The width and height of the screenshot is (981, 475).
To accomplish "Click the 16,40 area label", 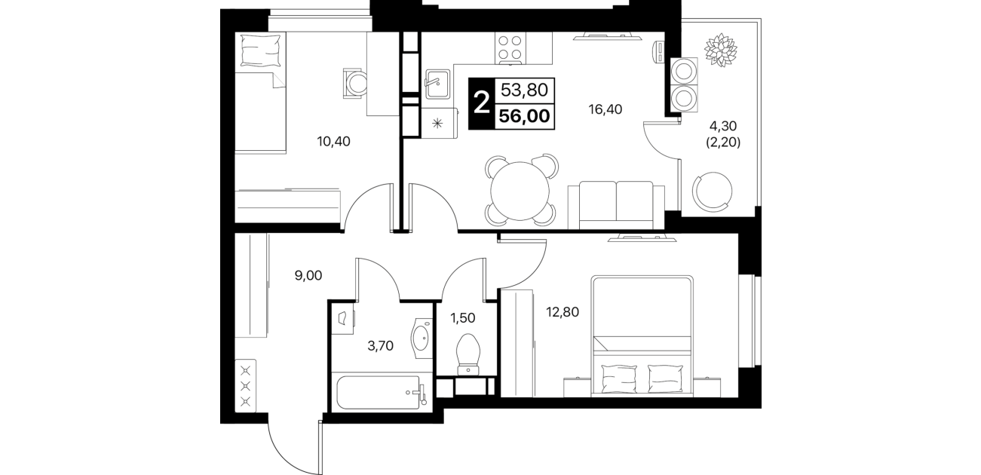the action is (x=605, y=109).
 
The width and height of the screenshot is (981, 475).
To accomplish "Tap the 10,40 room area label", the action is (x=334, y=142).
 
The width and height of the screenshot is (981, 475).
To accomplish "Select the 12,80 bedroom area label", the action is (x=563, y=312).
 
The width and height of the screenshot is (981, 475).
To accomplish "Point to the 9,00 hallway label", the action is (x=308, y=275).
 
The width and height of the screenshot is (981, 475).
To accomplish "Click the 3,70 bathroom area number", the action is (x=380, y=346).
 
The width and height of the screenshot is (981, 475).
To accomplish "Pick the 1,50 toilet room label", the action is (x=463, y=318).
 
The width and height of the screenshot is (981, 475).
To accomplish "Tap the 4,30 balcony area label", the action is (x=723, y=126).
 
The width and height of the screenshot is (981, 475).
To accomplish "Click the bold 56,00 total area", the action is (x=524, y=116).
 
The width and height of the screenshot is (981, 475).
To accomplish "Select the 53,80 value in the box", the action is (x=524, y=90).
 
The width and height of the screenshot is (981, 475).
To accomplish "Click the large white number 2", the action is (x=482, y=104).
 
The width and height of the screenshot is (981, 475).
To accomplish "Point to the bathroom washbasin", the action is (x=422, y=339).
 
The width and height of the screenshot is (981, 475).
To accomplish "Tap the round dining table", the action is (x=520, y=191).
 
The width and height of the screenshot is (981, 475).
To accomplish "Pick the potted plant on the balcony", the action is (x=720, y=50).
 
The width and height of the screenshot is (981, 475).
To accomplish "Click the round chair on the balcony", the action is (x=712, y=192).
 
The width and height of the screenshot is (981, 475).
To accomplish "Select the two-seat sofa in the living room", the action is (x=616, y=205).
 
